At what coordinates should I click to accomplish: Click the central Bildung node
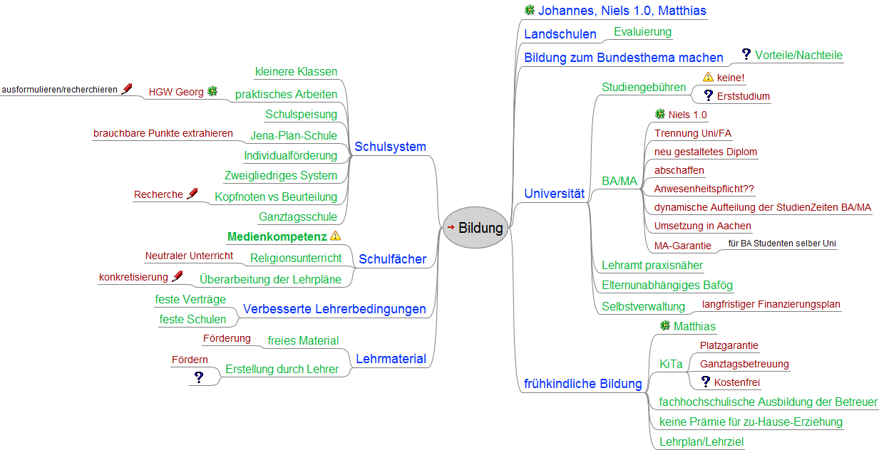[x=476, y=229]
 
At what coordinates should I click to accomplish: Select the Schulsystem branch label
[x=390, y=147]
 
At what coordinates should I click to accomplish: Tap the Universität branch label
[x=554, y=193]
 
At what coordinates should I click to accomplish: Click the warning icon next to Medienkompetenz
[x=336, y=236]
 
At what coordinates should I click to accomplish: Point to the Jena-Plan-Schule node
[x=293, y=135]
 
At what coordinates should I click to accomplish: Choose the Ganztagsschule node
[x=298, y=216]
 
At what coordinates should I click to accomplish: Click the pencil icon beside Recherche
[x=192, y=194]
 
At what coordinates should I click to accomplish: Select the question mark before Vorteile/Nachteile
[x=746, y=54]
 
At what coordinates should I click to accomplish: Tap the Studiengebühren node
[x=644, y=87]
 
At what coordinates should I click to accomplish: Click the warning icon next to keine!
[x=708, y=77]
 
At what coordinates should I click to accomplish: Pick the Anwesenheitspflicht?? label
[x=704, y=189]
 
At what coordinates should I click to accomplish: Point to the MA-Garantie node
[x=682, y=246]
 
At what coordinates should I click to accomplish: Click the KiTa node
[x=671, y=364]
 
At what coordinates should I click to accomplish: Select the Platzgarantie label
[x=729, y=345]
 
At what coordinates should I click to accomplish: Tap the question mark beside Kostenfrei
[x=706, y=382]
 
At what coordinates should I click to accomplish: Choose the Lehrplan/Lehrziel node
[x=701, y=441]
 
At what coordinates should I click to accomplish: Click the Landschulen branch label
[x=560, y=34]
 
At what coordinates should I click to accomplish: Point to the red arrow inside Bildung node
[x=451, y=227]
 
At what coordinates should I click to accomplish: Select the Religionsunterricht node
[x=296, y=258]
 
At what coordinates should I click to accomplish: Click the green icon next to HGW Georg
[x=212, y=91]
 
